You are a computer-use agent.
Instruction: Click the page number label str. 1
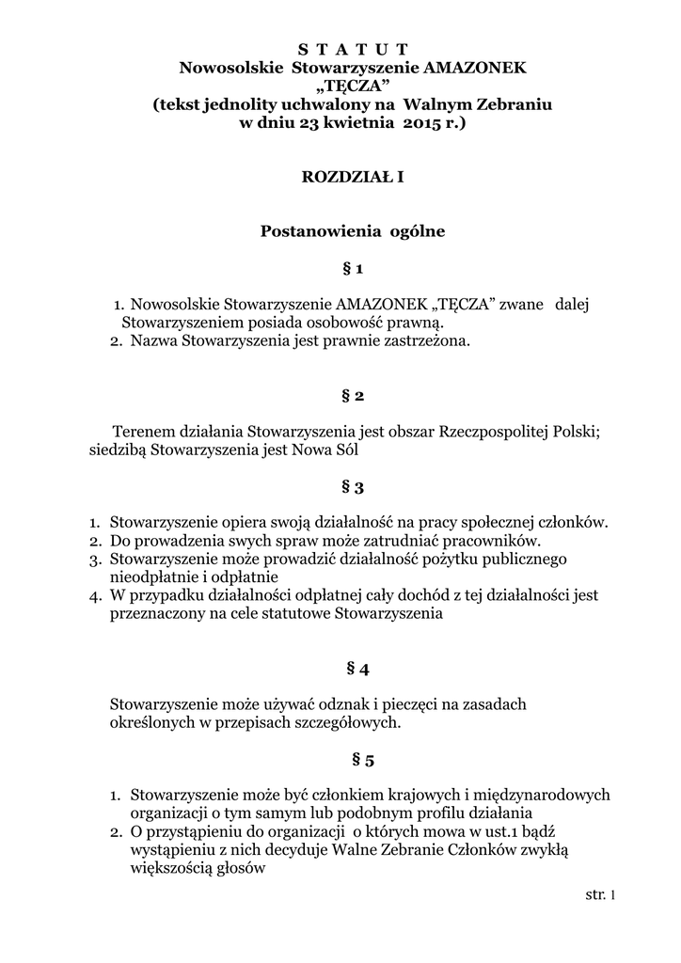(x=599, y=895)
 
